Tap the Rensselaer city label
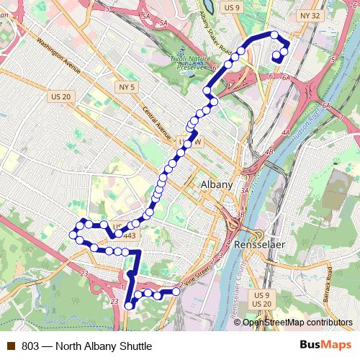click(x=260, y=246)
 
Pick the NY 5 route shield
click(x=124, y=87)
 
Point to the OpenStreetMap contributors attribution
click(x=297, y=323)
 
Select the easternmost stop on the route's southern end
click(x=175, y=292)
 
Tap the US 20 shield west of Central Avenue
click(x=61, y=96)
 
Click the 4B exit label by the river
click(x=269, y=152)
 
